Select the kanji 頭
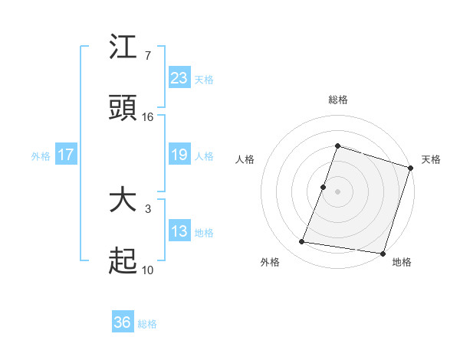123,108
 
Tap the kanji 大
123,201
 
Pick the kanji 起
123,262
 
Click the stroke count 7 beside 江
147,56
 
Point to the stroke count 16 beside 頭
148,117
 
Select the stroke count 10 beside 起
148,270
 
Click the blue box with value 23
179,77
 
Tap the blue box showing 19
179,155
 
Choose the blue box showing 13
179,231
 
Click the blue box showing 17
66,155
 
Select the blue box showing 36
123,322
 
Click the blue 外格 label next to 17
41,156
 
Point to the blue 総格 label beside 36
147,324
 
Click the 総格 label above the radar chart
337,100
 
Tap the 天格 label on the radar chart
431,159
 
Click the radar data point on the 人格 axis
324,187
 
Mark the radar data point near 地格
382,253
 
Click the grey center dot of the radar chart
337,191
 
